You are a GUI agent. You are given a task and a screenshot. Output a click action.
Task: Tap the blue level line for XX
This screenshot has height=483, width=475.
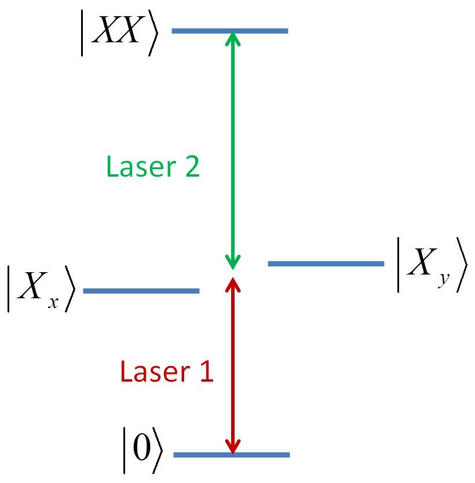(x=230, y=30)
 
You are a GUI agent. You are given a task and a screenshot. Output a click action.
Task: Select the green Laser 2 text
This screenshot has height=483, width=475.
(x=153, y=167)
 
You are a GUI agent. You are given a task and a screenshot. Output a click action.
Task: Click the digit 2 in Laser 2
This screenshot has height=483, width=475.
(x=191, y=167)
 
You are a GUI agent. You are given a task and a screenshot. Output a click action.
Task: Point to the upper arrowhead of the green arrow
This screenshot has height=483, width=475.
(x=233, y=37)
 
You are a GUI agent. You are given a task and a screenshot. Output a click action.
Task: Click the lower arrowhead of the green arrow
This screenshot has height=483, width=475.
(x=233, y=263)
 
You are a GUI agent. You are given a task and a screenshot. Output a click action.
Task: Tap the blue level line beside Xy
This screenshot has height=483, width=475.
(x=326, y=264)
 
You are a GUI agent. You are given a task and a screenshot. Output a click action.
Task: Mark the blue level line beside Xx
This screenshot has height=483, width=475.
(x=141, y=291)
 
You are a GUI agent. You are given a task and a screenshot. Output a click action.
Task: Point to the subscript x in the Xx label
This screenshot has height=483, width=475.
(x=53, y=302)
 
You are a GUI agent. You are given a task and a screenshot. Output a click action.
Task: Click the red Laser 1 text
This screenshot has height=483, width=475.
(x=167, y=372)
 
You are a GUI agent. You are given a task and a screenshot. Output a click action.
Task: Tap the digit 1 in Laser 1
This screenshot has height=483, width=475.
(x=206, y=372)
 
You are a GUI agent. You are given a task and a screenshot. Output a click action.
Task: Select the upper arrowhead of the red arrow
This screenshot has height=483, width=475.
(x=233, y=284)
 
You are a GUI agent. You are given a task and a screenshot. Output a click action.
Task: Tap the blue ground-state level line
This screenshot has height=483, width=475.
(x=232, y=455)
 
